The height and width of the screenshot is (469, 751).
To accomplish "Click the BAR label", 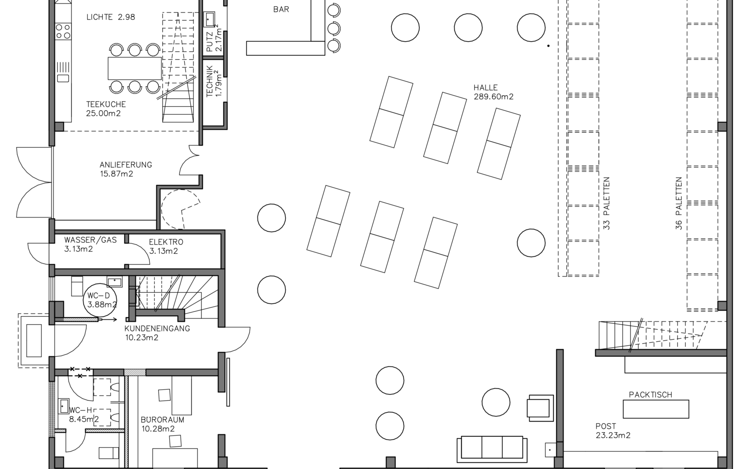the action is pos(281,9).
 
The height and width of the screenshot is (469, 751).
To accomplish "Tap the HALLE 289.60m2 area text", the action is pos(493,92).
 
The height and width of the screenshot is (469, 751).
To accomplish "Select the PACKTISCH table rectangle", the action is pos(656,409).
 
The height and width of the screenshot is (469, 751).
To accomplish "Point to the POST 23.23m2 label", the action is pos(613,431).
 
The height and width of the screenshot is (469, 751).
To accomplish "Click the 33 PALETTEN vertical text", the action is pos(606,203).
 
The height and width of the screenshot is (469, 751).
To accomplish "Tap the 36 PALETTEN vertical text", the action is pos(679,203).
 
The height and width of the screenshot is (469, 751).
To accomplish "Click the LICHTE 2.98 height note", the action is pos(111,17).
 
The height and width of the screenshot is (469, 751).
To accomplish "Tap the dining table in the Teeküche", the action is pos(135,68).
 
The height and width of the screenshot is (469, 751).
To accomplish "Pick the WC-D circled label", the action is pos(100,300).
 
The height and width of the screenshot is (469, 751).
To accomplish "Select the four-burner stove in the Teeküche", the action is pos(63,31).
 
